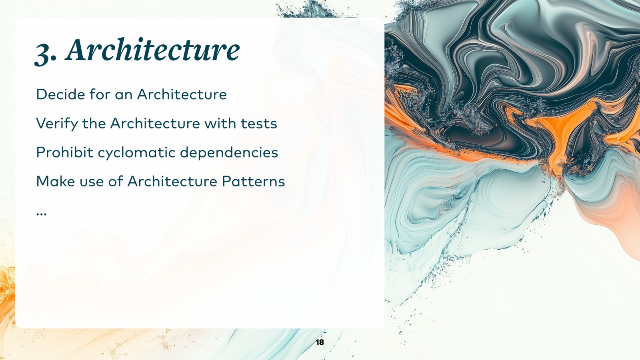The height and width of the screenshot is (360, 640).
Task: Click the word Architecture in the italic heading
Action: pyautogui.click(x=153, y=50)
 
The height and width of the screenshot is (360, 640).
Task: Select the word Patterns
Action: pyautogui.click(x=253, y=182)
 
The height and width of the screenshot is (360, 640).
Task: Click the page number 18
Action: pyautogui.click(x=320, y=342)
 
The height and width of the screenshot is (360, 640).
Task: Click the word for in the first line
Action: pyautogui.click(x=100, y=94)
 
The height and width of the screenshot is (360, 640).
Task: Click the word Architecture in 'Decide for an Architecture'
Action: pyautogui.click(x=182, y=94)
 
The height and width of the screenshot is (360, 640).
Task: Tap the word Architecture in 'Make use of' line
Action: pyautogui.click(x=172, y=182)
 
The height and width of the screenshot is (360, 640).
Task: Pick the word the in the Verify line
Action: pyautogui.click(x=94, y=124)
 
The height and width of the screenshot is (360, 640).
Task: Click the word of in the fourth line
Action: pyautogui.click(x=115, y=182)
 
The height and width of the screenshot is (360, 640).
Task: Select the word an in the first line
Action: pyautogui.click(x=123, y=95)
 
